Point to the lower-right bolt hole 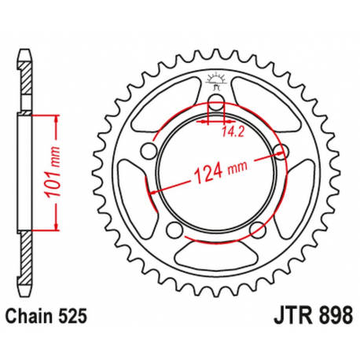tap(257, 229)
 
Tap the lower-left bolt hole tap(174, 229)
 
